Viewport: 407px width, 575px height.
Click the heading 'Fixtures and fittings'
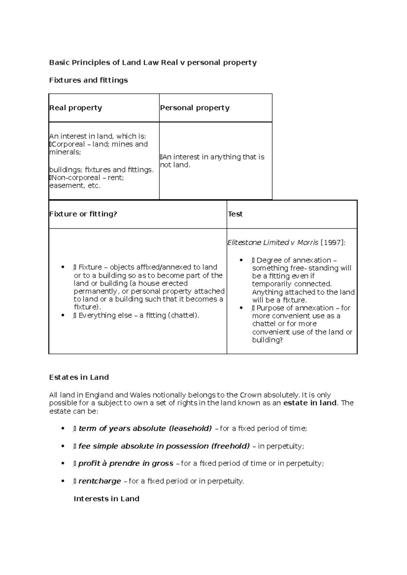point(88,80)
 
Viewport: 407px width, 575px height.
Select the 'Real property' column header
point(76,108)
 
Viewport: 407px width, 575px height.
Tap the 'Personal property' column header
point(195,108)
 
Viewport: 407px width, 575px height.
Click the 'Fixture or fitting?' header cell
point(83,214)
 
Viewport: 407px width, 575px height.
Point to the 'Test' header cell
point(235,214)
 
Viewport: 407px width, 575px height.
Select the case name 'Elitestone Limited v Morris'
point(273,242)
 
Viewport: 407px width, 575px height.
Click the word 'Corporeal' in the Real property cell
point(68,144)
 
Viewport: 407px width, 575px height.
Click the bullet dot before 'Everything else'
point(63,315)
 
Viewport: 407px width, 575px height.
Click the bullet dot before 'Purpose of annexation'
point(241,308)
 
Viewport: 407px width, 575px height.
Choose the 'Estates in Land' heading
point(79,377)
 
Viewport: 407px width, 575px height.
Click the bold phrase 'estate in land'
point(310,403)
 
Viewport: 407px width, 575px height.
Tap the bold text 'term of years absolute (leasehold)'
point(145,428)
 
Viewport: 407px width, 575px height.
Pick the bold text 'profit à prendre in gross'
point(125,463)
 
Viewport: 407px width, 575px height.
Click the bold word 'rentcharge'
point(99,481)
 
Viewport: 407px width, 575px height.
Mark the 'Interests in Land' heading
point(106,498)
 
